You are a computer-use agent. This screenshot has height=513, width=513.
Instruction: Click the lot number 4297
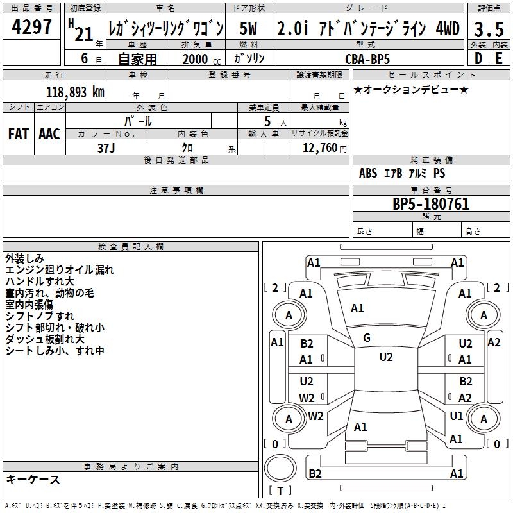click(x=31, y=28)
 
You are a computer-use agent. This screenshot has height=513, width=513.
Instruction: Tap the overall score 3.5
click(x=488, y=29)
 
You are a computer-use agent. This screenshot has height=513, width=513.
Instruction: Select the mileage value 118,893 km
click(x=75, y=92)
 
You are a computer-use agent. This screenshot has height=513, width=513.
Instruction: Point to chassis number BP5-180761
click(x=430, y=205)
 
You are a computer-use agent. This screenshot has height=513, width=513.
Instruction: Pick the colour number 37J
click(x=106, y=147)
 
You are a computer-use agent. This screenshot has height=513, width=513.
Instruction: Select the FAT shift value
click(x=19, y=133)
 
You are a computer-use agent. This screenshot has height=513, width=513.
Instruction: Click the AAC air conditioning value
click(x=49, y=133)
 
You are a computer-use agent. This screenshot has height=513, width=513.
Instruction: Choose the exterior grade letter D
click(x=478, y=58)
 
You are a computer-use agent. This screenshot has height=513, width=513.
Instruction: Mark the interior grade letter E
click(x=498, y=58)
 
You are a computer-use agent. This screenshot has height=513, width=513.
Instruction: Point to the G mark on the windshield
click(x=367, y=338)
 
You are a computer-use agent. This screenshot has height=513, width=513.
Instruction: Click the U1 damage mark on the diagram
click(x=457, y=416)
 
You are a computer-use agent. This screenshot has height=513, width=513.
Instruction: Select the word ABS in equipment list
click(x=368, y=173)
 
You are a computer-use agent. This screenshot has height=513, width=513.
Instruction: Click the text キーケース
click(x=33, y=480)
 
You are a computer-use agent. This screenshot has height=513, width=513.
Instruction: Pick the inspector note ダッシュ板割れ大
click(x=45, y=339)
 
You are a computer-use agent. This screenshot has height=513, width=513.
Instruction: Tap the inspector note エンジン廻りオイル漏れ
click(x=60, y=270)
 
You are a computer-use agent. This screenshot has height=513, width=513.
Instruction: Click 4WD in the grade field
click(x=447, y=29)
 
